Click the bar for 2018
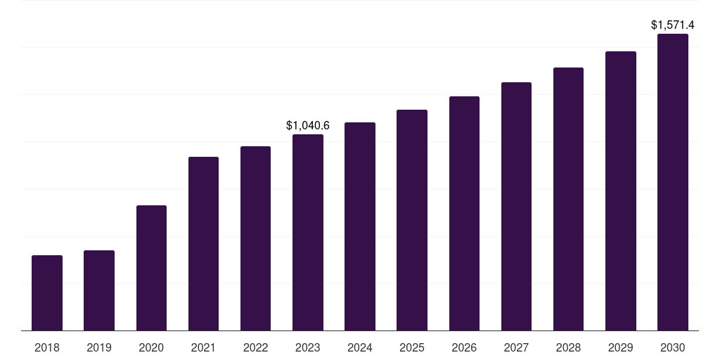click(47, 292)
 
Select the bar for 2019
click(99, 290)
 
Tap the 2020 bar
click(151, 268)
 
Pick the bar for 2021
click(203, 243)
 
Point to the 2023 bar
click(308, 232)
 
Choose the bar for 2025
click(412, 220)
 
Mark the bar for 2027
click(516, 206)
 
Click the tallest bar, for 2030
click(672, 182)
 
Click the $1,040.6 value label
click(308, 125)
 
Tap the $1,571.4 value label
click(673, 25)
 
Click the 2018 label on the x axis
click(47, 347)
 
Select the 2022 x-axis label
click(256, 347)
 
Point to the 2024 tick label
click(360, 347)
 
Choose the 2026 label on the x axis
click(464, 347)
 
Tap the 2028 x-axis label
click(568, 347)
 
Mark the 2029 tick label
click(620, 347)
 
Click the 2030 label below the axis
click(672, 347)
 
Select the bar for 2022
click(256, 238)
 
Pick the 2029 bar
click(620, 191)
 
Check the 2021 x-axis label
click(203, 347)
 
